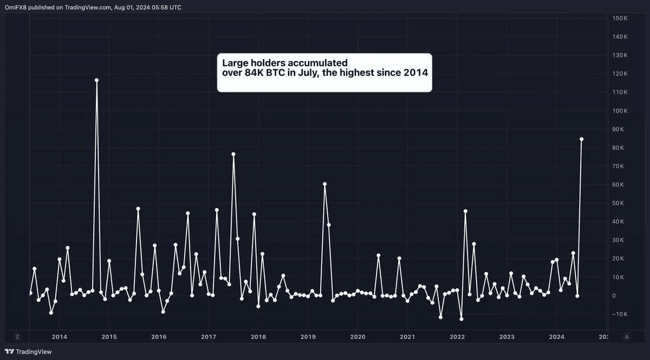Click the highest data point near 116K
tap(96, 80)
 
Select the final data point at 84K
tap(581, 139)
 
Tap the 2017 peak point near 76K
tap(233, 154)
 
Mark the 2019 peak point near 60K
tap(324, 184)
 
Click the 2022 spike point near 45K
tap(465, 211)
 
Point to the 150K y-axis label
tap(620, 18)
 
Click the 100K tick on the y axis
tap(620, 111)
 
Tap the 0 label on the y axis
tap(614, 296)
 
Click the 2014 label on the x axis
tap(60, 337)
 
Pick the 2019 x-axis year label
tap(308, 337)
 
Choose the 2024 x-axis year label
tap(557, 337)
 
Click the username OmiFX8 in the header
tap(16, 8)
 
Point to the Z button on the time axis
tap(17, 337)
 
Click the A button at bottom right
tap(627, 337)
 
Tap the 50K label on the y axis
tap(620, 203)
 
